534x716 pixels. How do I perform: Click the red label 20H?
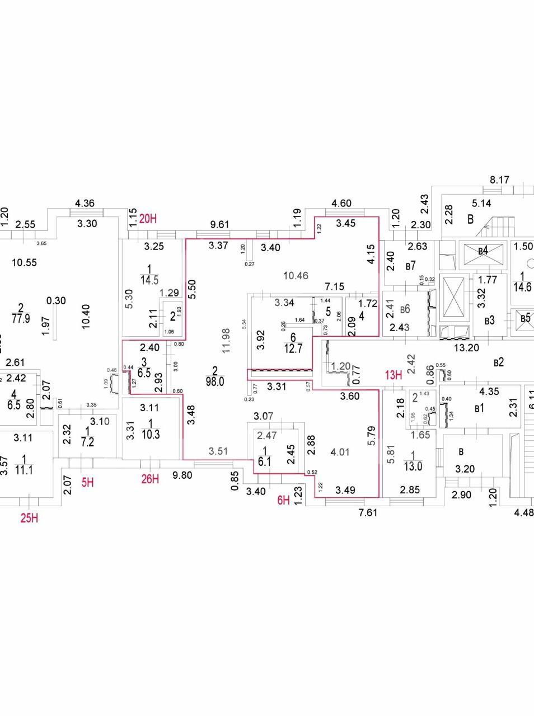[x=148, y=219]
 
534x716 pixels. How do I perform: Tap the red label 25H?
[x=29, y=518]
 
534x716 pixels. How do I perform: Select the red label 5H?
[x=88, y=481]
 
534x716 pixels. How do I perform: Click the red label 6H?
[x=284, y=500]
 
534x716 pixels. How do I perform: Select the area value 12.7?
[x=293, y=342]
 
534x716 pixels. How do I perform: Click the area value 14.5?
[x=149, y=281]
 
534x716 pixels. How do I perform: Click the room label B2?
[x=499, y=362]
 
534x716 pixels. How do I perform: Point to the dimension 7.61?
[x=367, y=512]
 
